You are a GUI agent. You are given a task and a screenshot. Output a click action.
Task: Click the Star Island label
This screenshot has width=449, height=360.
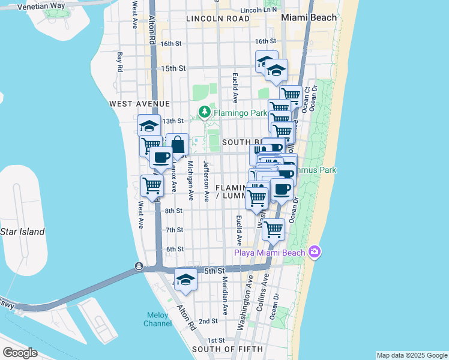point(22,232)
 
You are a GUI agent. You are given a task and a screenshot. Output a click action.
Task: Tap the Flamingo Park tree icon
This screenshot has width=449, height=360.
point(205,112)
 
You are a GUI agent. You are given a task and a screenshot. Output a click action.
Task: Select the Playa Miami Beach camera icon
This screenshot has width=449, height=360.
point(314,251)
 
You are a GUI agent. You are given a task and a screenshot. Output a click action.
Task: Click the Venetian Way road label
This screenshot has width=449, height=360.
point(41,6)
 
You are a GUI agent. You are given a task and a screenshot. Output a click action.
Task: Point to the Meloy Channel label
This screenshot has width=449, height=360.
point(157,319)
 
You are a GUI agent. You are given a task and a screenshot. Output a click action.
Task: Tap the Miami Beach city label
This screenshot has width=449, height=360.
point(309,17)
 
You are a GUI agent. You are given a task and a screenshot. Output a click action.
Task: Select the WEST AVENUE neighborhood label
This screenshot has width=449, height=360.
point(140,104)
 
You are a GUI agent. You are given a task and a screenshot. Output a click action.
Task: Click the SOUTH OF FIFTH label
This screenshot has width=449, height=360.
point(227,349)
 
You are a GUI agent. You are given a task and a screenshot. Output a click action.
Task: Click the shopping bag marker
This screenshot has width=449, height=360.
point(178,145)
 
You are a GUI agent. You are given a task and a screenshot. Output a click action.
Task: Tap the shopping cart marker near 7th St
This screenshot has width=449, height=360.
point(274,229)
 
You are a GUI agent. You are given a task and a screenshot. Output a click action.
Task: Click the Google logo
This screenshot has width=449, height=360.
point(20,353)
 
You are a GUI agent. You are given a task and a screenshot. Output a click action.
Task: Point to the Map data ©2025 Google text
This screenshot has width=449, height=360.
point(411,355)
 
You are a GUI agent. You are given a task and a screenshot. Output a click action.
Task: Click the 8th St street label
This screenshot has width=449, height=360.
point(174,211)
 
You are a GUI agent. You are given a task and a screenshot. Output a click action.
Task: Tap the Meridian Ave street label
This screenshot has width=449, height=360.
point(225,296)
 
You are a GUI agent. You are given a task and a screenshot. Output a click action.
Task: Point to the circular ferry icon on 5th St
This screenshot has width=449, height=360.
point(139,266)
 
